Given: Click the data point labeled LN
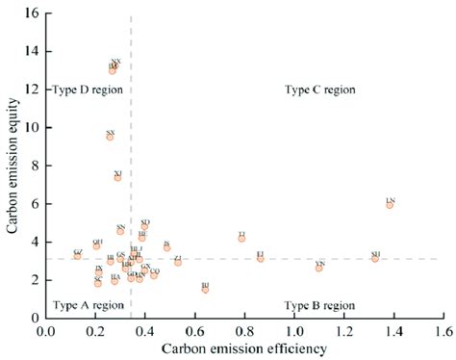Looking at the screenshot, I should click(390, 205).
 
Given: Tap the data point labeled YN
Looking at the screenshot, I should click(319, 268).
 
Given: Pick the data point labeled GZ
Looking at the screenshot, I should click(78, 256).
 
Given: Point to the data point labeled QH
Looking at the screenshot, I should click(96, 246).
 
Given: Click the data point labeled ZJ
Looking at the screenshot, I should click(178, 262).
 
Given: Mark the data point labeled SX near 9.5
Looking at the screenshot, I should click(111, 137).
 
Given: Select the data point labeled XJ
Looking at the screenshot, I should click(118, 177).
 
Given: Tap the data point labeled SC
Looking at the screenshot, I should click(98, 283).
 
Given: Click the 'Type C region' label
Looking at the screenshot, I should click(320, 90).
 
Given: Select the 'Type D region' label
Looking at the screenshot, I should click(88, 90).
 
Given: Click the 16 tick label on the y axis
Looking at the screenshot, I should click(34, 13).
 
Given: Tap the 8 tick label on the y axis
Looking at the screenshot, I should click(37, 166).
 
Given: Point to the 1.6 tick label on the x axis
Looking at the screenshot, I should click(442, 330).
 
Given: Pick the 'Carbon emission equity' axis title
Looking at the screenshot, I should click(12, 166).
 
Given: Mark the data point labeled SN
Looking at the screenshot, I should click(121, 231).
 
